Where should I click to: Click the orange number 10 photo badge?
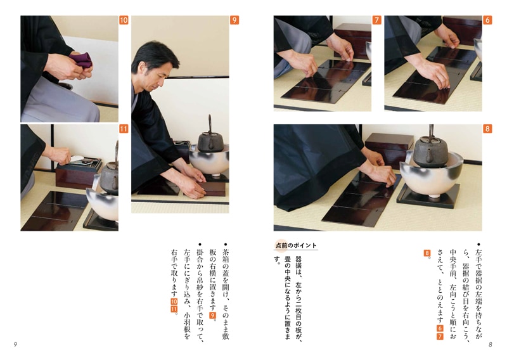[124, 20]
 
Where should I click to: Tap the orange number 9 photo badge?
[234, 20]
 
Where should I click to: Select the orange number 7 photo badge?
[376, 20]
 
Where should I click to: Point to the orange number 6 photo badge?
[487, 20]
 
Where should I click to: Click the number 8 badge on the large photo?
[487, 129]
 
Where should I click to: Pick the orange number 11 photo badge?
[124, 129]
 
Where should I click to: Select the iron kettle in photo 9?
[209, 138]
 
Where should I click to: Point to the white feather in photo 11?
[77, 158]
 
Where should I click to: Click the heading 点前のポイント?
[295, 245]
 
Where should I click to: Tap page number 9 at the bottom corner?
[15, 345]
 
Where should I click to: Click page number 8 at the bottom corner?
[490, 345]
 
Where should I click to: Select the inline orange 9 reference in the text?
[212, 315]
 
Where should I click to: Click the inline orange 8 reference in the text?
[427, 253]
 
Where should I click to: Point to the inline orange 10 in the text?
[174, 302]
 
